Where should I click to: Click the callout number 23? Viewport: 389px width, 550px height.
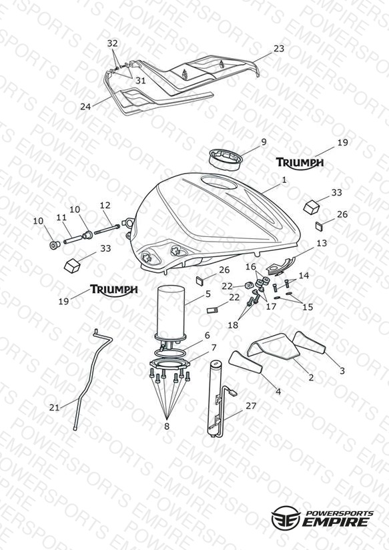point(278,49)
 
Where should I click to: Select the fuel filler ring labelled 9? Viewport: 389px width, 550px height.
point(225,160)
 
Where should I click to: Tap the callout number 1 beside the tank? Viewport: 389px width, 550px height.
point(284,180)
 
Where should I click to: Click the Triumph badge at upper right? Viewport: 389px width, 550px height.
point(300,163)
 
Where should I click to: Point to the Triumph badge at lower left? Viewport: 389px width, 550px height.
point(114,290)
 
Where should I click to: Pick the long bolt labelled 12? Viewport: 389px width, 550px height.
point(107,229)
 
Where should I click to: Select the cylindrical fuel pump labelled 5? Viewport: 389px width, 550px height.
point(171,314)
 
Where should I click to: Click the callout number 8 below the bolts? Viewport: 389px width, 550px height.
point(167,426)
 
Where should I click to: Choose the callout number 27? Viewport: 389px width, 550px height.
point(251,406)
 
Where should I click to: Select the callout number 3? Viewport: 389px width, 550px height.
point(342,370)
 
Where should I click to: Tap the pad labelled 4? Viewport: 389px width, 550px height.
point(246,363)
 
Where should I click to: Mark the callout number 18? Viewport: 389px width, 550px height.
point(233,325)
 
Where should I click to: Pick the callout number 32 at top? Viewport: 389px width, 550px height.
point(112,43)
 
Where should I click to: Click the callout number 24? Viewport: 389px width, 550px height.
point(85,107)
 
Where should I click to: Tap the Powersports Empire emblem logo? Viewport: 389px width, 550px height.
point(286,517)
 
